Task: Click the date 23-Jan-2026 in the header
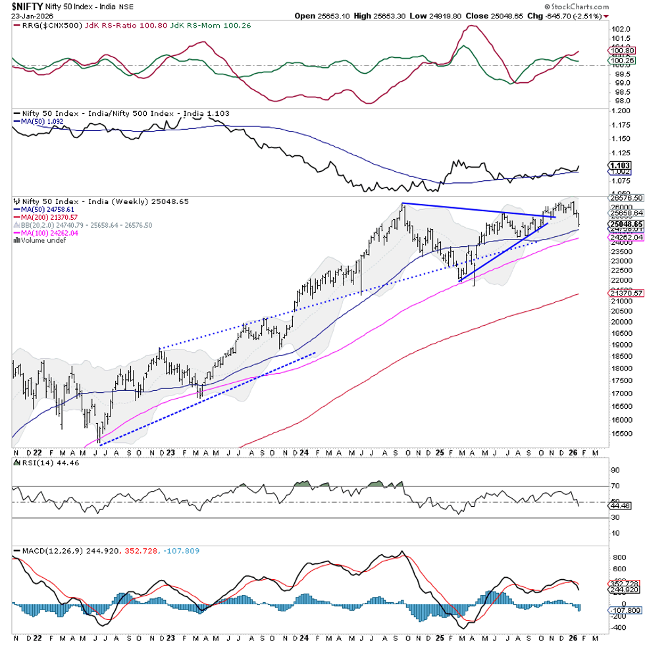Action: (x=24, y=16)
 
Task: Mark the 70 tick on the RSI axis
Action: (x=616, y=486)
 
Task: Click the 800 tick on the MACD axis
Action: (x=619, y=558)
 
